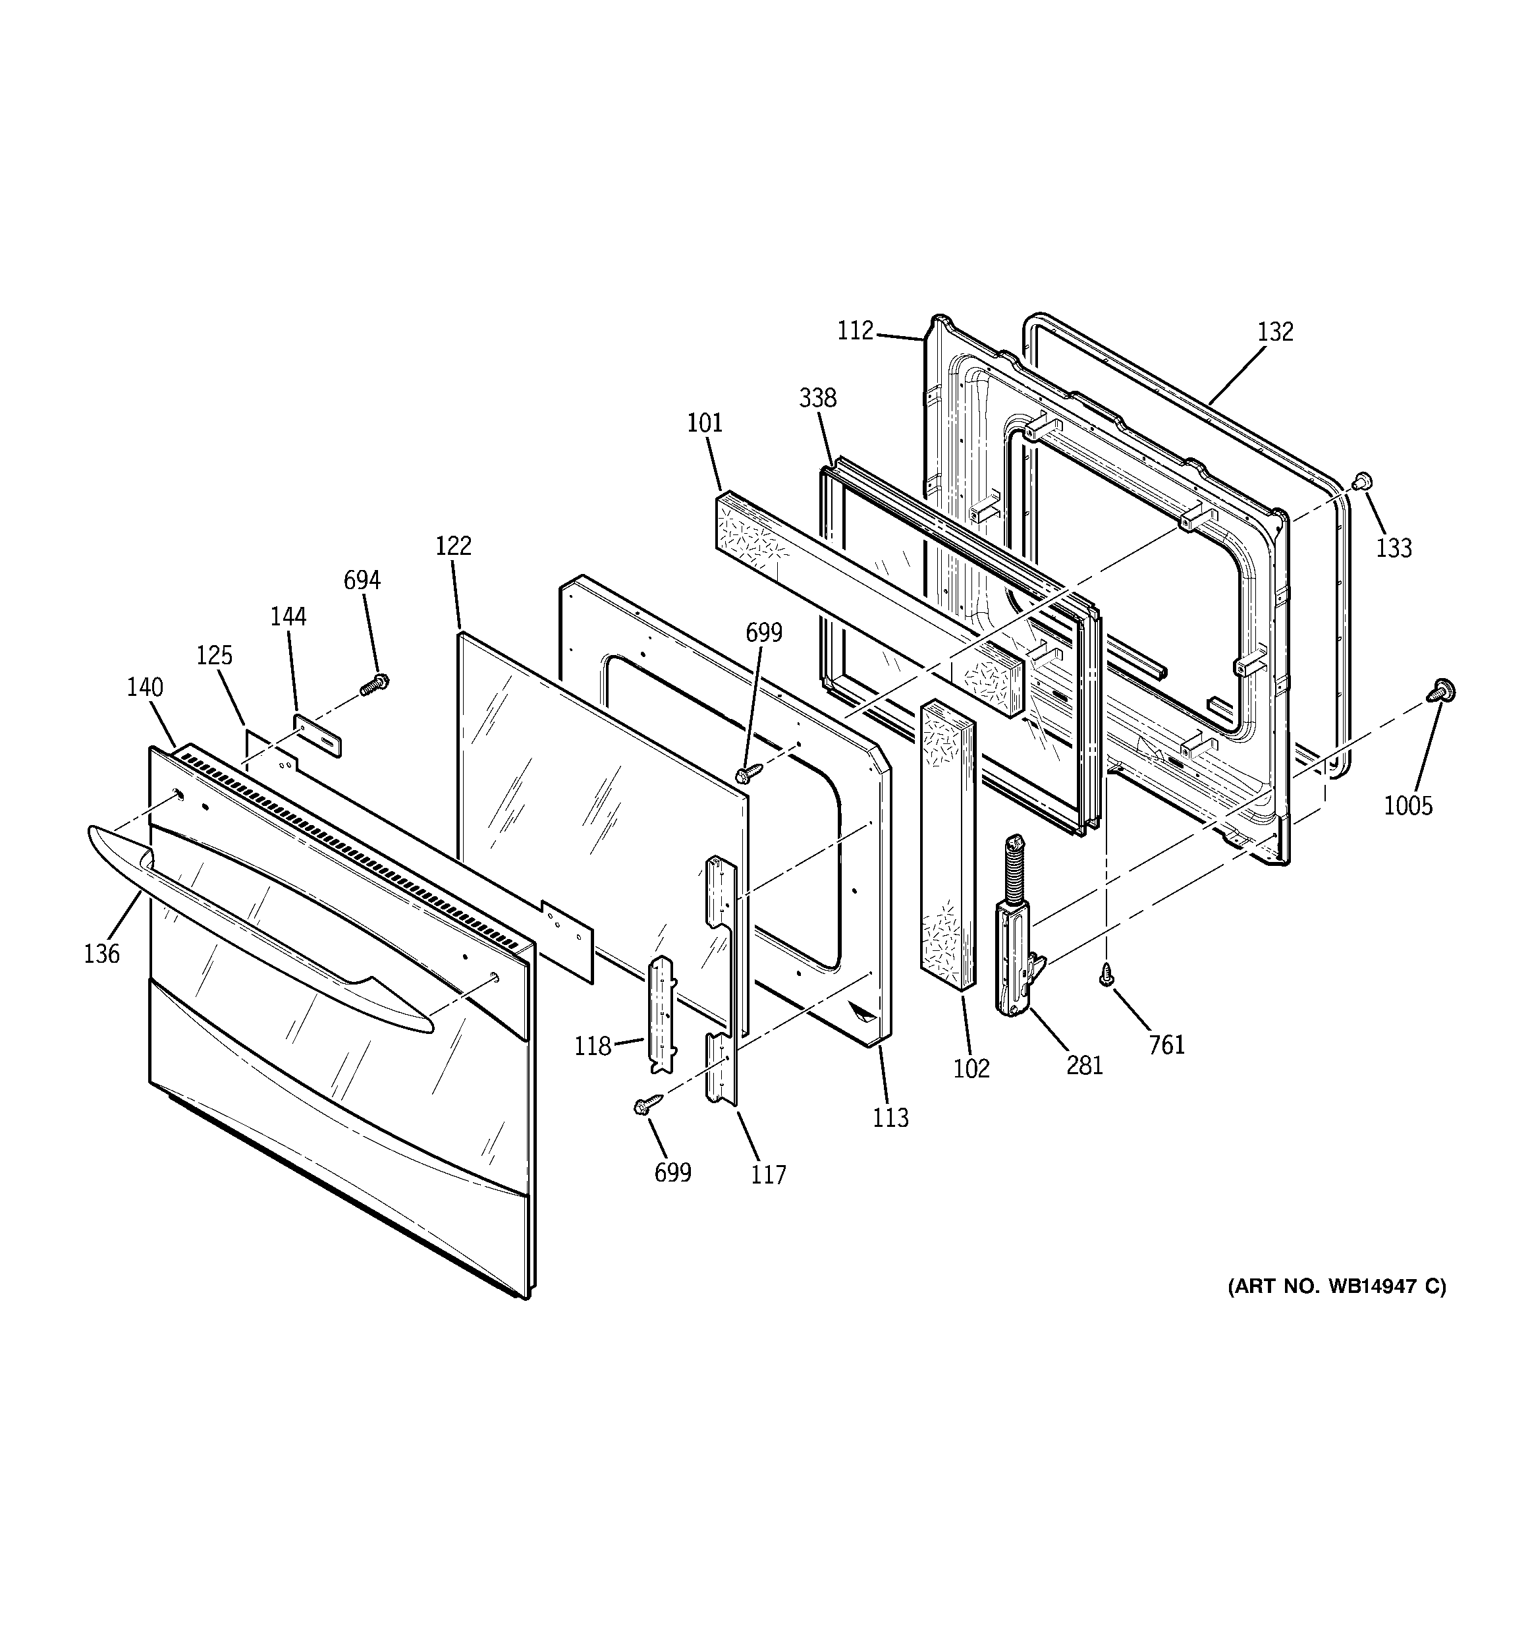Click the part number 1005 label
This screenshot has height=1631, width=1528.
pyautogui.click(x=1407, y=806)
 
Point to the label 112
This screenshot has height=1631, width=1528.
pyautogui.click(x=856, y=331)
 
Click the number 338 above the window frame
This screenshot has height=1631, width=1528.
pyautogui.click(x=818, y=398)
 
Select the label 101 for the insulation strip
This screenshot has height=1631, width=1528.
pyautogui.click(x=705, y=423)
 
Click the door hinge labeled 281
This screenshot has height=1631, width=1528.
pyautogui.click(x=1017, y=935)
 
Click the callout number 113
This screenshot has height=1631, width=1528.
pyautogui.click(x=890, y=1118)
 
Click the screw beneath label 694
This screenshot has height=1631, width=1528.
pyautogui.click(x=375, y=683)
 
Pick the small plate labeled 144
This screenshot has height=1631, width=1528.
pyautogui.click(x=318, y=734)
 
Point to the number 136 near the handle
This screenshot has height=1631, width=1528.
pyautogui.click(x=101, y=954)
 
